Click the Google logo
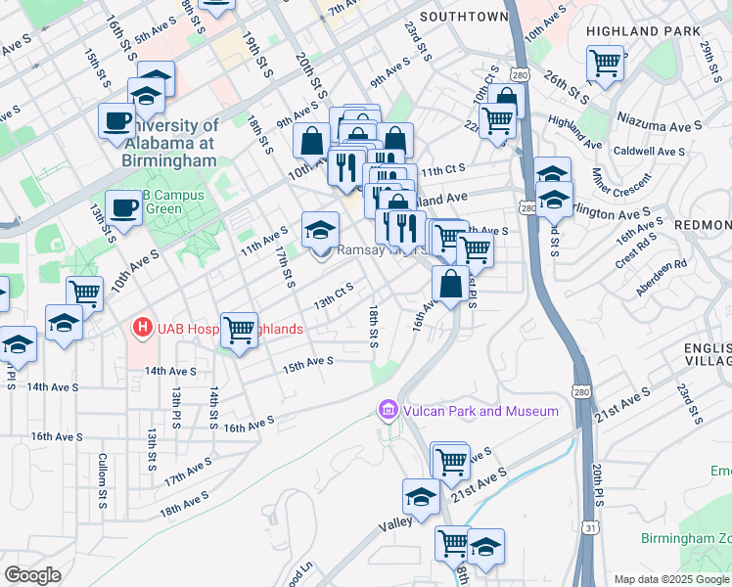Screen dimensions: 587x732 (x=32, y=574)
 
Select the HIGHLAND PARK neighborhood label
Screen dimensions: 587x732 (x=631, y=31)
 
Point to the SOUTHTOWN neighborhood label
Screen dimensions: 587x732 (x=464, y=17)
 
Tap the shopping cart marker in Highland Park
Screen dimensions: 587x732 (x=606, y=64)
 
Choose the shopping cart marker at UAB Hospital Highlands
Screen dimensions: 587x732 (x=239, y=330)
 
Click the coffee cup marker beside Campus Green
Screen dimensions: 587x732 (x=123, y=206)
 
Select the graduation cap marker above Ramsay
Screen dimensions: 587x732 (x=320, y=230)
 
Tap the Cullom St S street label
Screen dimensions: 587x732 (x=102, y=479)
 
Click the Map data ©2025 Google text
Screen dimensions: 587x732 (x=670, y=579)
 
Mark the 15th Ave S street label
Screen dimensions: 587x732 (x=308, y=363)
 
